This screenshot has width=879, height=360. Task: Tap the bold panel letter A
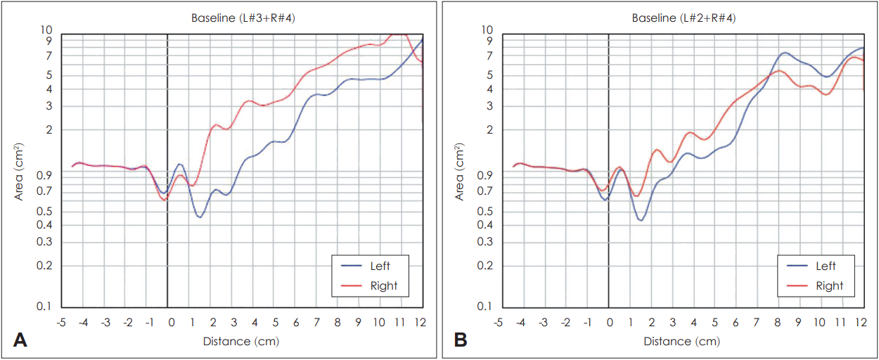[x=21, y=340]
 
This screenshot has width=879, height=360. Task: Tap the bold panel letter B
[x=461, y=340]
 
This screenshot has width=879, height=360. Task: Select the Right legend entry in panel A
[x=383, y=285]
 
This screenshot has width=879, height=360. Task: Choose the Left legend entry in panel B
[x=826, y=266]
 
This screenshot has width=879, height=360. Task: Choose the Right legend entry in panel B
[x=829, y=285]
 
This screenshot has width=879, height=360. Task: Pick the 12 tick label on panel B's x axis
[x=860, y=321]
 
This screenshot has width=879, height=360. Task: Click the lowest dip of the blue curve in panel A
[x=200, y=217]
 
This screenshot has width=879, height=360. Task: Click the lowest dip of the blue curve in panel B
[x=641, y=220]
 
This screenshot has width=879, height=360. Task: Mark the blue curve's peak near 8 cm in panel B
[x=784, y=53]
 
